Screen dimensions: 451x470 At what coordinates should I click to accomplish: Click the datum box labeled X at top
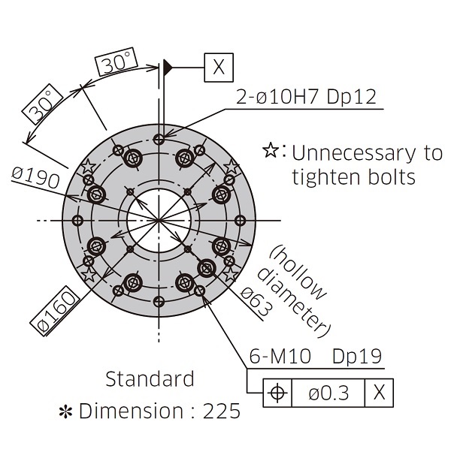[x=219, y=68]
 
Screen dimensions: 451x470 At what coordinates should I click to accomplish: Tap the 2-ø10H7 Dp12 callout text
[x=306, y=97]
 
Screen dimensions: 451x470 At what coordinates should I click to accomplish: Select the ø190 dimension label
[x=35, y=177]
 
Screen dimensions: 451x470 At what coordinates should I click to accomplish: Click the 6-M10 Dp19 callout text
[x=316, y=356]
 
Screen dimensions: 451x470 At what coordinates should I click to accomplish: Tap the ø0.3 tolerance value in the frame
[x=328, y=393]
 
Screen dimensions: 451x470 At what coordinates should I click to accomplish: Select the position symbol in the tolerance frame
[x=277, y=393]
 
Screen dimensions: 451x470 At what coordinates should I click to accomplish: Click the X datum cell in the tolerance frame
[x=379, y=393]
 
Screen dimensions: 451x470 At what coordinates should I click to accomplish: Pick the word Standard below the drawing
[x=150, y=378]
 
